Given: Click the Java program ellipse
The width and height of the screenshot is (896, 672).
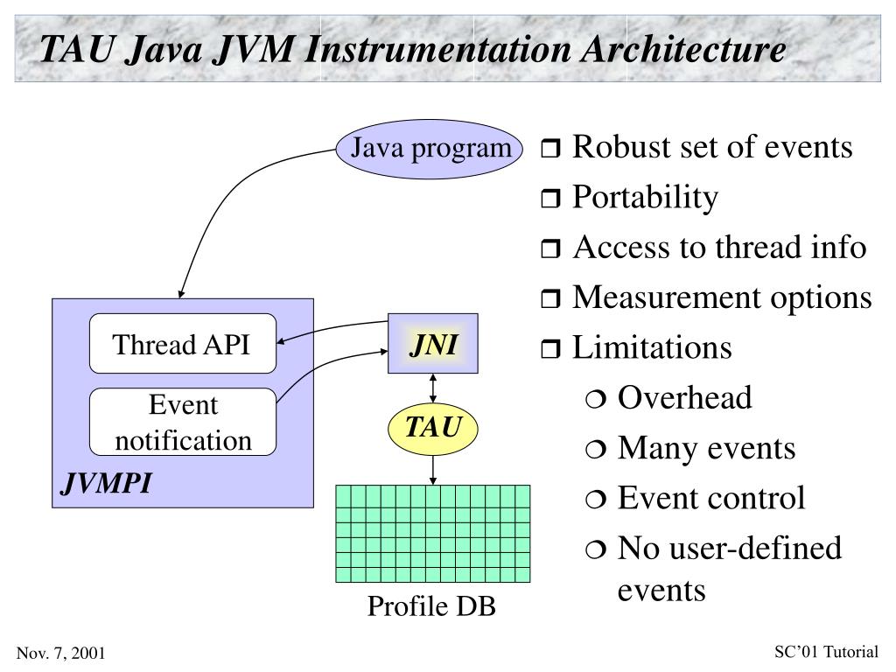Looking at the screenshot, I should [x=430, y=150].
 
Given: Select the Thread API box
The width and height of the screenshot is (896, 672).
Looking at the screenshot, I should [x=182, y=344].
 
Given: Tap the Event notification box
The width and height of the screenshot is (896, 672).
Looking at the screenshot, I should [x=182, y=423].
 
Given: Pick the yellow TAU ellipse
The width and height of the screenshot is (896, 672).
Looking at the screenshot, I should [x=433, y=429].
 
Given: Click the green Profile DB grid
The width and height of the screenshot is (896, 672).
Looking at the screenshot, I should [x=433, y=534].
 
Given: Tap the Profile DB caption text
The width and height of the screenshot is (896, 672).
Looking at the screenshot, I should [x=431, y=605].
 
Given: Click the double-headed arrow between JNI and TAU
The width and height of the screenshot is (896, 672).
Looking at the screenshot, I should [x=433, y=387].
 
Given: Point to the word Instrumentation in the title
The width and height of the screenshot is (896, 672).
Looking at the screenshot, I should [x=428, y=48].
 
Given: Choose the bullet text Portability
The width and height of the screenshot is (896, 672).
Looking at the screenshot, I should [x=645, y=198].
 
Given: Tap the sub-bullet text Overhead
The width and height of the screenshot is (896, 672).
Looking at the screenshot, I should [x=684, y=398].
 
